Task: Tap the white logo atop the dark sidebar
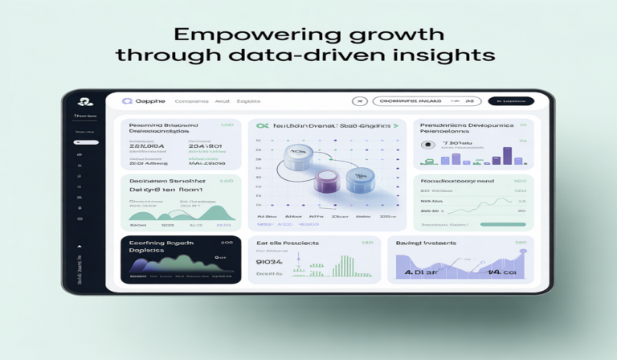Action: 83,102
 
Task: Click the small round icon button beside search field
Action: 360,101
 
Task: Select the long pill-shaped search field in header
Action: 411,101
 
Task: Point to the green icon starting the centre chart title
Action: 261,126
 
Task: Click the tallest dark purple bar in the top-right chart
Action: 507,155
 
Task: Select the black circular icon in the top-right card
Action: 425,145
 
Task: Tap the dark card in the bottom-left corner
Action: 181,259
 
